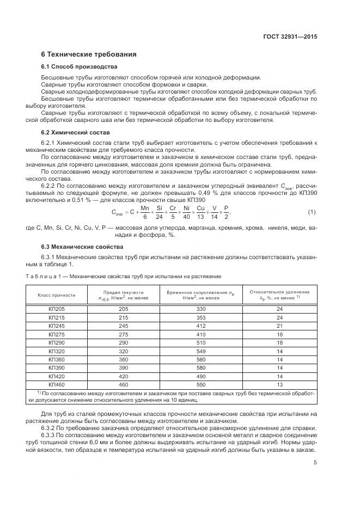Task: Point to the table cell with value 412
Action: pos(202,326)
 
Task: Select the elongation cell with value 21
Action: pos(280,326)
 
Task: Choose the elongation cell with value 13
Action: pos(280,384)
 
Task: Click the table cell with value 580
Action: pos(202,367)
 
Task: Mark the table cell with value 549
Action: pos(202,351)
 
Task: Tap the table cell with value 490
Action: pos(202,376)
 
